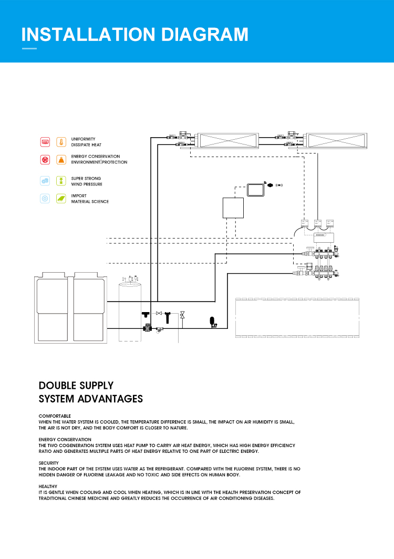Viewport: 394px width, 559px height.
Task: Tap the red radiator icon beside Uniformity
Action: pyautogui.click(x=45, y=142)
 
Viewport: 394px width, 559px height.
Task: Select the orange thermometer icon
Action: pyautogui.click(x=61, y=142)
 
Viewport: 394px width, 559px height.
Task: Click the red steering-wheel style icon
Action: pyautogui.click(x=45, y=160)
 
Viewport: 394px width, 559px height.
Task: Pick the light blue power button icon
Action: pyautogui.click(x=45, y=199)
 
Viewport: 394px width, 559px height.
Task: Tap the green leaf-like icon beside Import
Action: pyautogui.click(x=61, y=199)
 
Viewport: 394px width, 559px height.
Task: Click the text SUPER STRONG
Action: pyautogui.click(x=86, y=179)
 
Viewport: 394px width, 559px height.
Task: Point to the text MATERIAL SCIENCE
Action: pyautogui.click(x=90, y=202)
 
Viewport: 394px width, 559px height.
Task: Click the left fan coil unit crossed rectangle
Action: pyautogui.click(x=227, y=140)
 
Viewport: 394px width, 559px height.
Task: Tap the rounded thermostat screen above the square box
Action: pyautogui.click(x=256, y=189)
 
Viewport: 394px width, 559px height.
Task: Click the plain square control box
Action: pyautogui.click(x=233, y=208)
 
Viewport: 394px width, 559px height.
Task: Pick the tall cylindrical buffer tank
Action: pyautogui.click(x=131, y=312)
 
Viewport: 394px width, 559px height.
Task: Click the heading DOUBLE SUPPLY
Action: pyautogui.click(x=76, y=386)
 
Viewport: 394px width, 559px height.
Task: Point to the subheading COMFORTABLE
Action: pyautogui.click(x=55, y=416)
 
